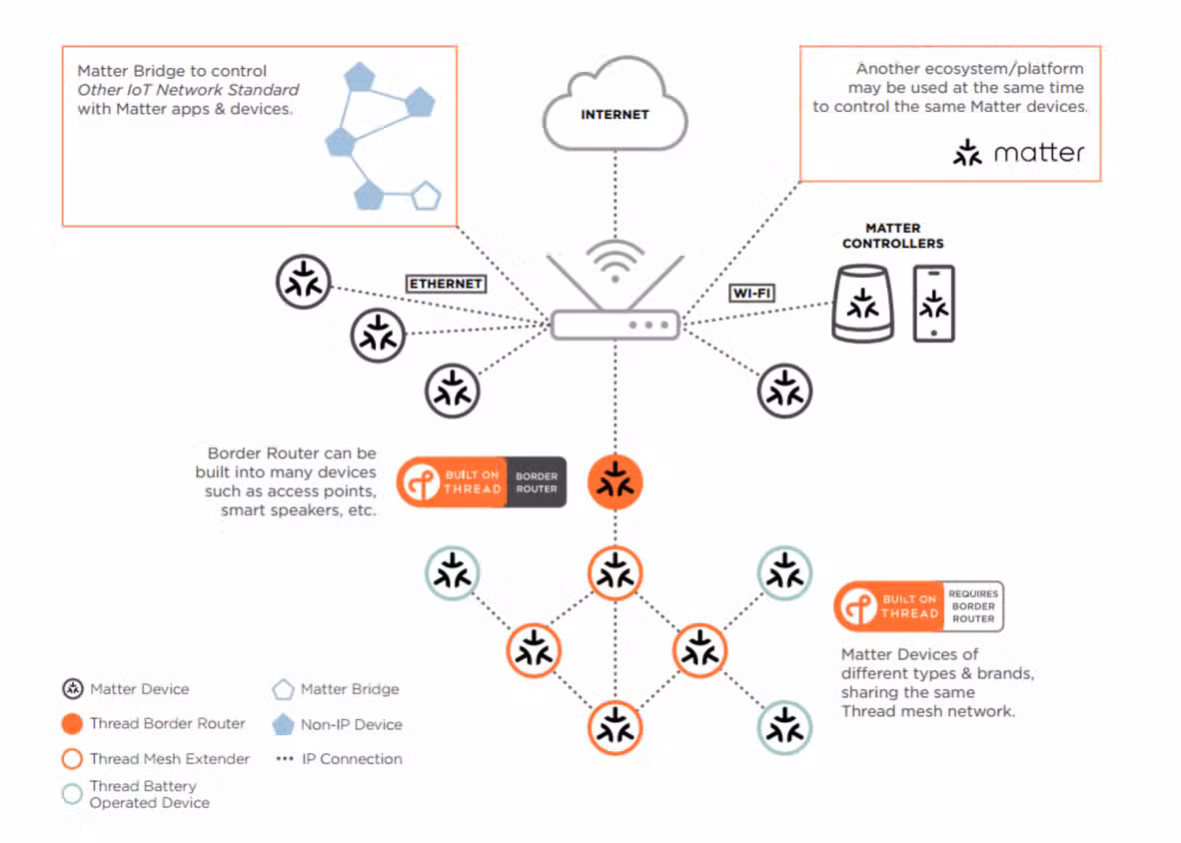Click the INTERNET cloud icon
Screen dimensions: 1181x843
(614, 106)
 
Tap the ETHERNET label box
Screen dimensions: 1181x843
(447, 284)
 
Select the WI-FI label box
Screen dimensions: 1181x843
(751, 293)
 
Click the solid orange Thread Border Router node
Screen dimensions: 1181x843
(615, 482)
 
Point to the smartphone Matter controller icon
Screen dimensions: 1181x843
(934, 304)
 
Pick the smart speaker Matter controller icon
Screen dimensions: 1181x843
(863, 304)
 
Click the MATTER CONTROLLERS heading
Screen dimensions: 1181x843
(893, 236)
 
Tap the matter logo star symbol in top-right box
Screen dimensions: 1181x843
(967, 153)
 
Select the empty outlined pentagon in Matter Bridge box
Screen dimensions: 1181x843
(427, 197)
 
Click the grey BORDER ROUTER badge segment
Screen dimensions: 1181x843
(537, 482)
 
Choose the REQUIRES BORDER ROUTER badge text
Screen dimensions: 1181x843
(973, 606)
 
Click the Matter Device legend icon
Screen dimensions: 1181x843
(72, 689)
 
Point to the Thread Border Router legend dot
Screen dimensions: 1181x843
(72, 724)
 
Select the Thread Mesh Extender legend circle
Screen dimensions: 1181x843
(72, 759)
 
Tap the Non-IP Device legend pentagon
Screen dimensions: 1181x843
(283, 725)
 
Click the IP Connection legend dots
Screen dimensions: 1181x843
(284, 759)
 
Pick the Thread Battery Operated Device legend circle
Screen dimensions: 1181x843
(72, 794)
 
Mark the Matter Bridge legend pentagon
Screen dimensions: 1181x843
(283, 689)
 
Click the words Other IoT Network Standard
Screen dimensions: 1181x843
(188, 90)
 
